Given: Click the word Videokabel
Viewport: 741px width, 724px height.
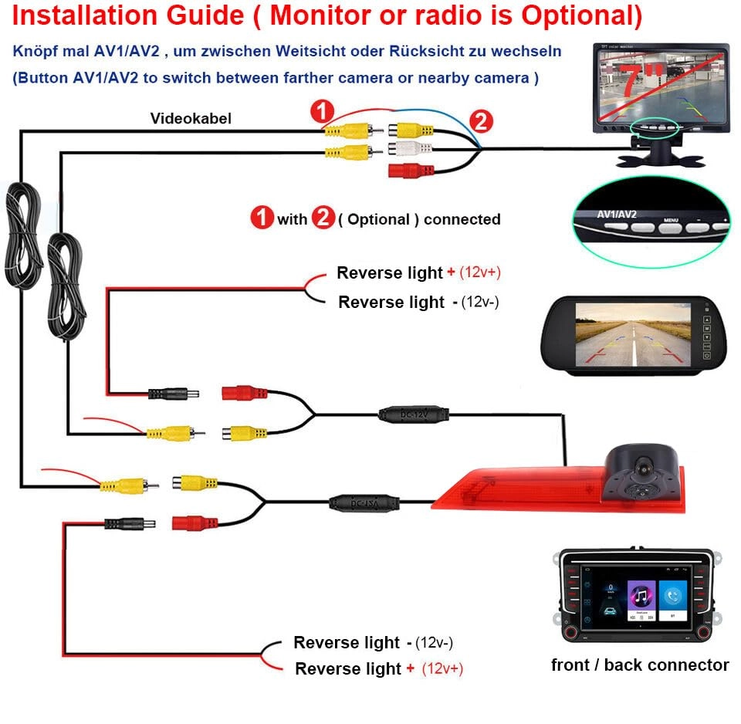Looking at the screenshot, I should click(x=191, y=118).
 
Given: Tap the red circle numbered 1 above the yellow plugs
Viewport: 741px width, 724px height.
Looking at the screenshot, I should click(x=322, y=111).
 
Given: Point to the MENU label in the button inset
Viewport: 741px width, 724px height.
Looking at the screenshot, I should click(x=670, y=219).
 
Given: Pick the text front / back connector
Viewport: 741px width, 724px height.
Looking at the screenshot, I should click(x=640, y=665).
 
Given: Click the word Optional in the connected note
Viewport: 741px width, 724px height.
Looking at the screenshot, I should click(x=378, y=219).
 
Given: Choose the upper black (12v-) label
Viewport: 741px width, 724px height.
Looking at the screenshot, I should click(x=480, y=302).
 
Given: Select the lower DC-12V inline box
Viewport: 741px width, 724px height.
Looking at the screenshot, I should click(x=365, y=503).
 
